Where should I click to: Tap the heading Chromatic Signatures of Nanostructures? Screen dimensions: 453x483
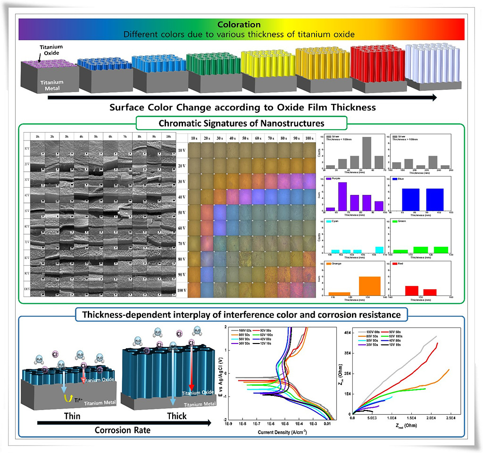(241, 124)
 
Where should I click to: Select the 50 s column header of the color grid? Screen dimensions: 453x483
(245, 137)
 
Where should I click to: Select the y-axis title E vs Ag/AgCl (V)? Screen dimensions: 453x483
(220, 373)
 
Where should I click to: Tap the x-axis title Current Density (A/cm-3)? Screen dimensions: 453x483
(280, 431)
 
